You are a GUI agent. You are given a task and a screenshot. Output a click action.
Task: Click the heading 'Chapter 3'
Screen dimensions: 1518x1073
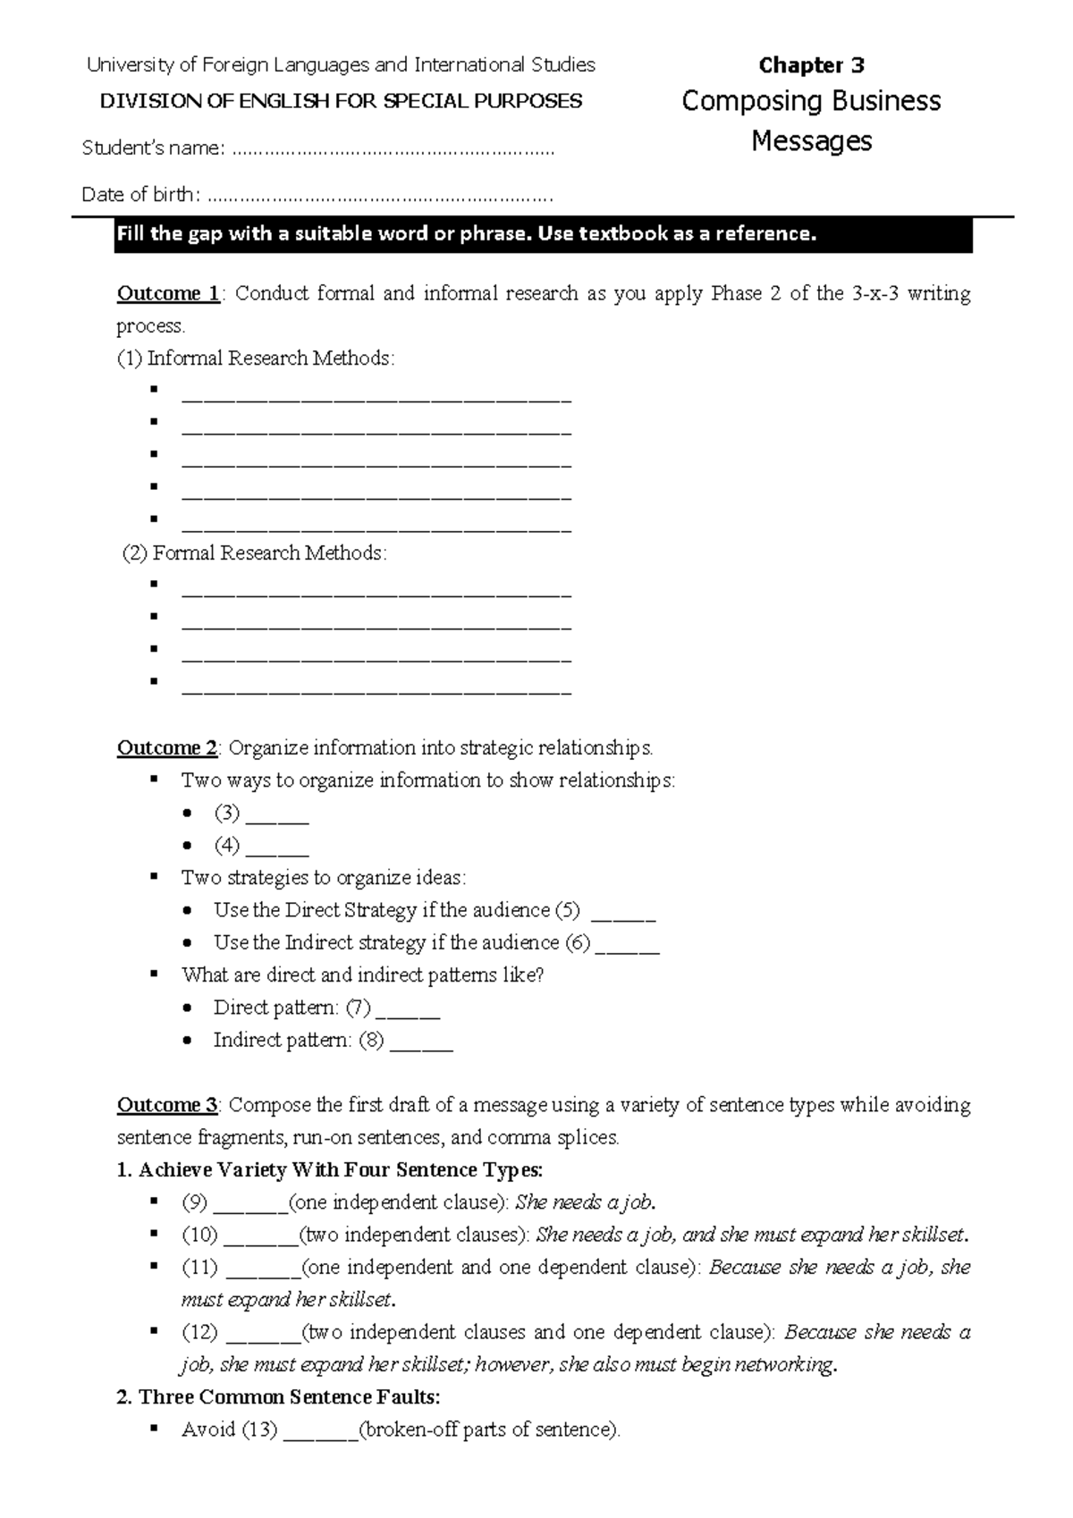pos(811,65)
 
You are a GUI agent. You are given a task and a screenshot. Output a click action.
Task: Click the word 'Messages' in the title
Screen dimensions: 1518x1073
pos(811,141)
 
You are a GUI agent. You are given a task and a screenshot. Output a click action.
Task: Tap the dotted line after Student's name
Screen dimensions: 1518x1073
pos(393,150)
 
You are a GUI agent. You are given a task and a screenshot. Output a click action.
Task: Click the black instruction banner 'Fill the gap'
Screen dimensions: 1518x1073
pos(542,235)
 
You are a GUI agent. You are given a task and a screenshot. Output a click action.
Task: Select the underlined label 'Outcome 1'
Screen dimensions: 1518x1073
pos(168,294)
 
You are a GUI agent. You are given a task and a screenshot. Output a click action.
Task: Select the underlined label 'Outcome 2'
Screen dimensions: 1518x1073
pos(167,748)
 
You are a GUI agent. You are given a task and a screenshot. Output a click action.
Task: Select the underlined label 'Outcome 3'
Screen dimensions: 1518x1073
pos(167,1106)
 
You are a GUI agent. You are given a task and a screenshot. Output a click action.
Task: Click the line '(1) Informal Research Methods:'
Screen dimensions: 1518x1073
pos(256,358)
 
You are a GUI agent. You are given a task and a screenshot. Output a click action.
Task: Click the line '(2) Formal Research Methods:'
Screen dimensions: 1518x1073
pos(255,553)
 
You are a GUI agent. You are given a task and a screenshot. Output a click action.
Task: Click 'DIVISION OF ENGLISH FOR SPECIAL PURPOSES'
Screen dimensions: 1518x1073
pos(341,101)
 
